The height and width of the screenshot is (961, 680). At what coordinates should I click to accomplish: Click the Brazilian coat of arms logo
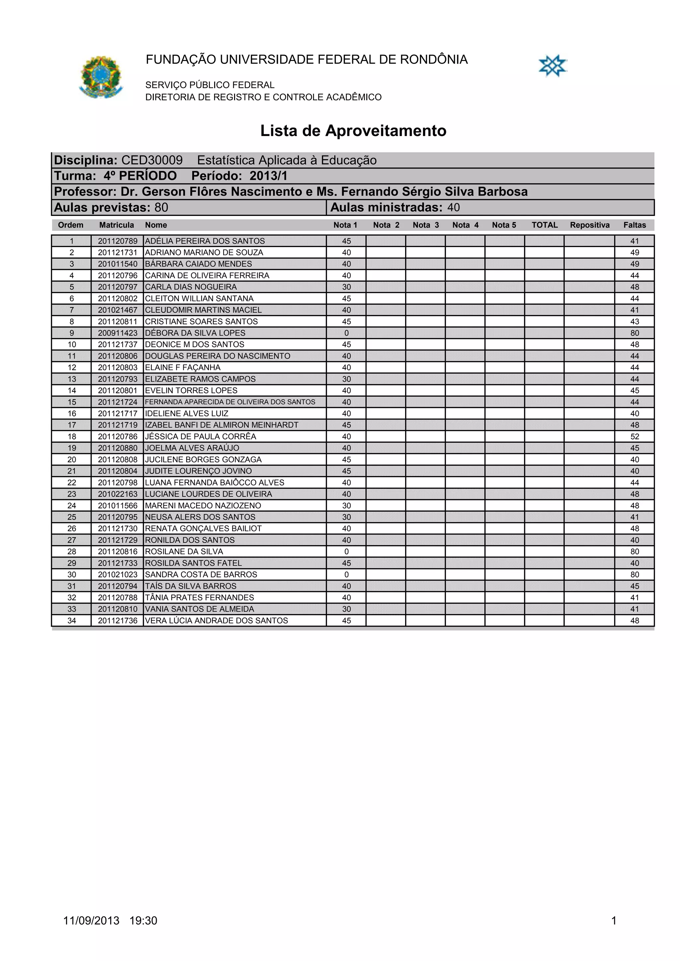101,77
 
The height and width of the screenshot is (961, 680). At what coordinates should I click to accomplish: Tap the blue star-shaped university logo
552,66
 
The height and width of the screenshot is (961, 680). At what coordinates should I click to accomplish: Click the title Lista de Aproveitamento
353,131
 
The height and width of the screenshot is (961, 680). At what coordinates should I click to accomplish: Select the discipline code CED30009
152,160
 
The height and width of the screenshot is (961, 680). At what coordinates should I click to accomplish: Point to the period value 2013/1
269,176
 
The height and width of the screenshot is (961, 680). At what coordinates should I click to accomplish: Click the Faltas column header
634,225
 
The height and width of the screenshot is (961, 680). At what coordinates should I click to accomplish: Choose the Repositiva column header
589,225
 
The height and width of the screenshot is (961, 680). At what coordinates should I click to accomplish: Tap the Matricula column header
117,225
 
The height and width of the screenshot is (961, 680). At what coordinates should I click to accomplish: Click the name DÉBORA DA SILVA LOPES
195,333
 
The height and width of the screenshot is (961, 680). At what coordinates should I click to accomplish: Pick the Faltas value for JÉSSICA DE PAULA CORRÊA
634,436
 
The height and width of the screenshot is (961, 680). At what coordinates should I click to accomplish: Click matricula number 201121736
118,621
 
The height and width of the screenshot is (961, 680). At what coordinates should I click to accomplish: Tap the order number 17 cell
72,425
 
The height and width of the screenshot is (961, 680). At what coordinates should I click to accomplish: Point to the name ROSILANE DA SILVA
184,552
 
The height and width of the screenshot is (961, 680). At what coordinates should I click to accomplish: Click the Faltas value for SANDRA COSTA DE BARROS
634,575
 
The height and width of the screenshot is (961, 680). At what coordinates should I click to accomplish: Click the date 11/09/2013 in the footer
91,921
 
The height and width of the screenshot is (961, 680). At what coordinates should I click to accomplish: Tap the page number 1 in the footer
614,921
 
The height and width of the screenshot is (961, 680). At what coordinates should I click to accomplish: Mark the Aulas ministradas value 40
453,208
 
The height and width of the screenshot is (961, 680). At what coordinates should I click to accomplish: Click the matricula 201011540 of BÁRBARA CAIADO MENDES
118,264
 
